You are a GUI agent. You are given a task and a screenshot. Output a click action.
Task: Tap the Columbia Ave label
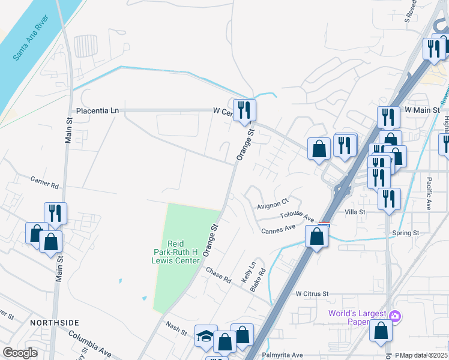coord(90,343)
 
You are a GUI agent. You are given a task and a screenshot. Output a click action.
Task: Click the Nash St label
coord(176,327)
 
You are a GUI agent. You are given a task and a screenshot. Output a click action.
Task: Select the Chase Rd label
coord(218,275)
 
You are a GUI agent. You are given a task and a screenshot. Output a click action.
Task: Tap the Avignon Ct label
coord(273,204)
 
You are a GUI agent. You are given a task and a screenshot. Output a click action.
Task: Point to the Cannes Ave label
coord(278,229)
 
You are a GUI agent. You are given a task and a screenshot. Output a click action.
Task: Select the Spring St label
coord(406,232)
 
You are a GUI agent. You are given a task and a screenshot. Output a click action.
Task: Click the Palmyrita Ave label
coord(282,355)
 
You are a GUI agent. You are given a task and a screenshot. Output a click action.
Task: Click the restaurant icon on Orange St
coord(244,109)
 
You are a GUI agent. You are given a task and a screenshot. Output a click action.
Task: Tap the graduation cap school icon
coord(205,337)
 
